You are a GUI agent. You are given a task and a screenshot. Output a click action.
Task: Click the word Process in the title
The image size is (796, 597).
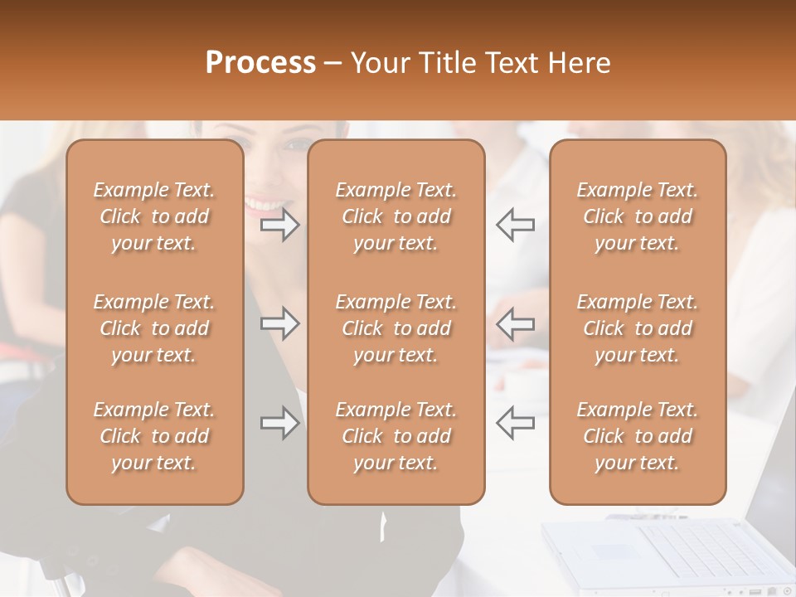(260, 63)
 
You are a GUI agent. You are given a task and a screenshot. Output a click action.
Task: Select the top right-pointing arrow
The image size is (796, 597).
(280, 225)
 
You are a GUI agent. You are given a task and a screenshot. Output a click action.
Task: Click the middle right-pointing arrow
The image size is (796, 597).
(280, 323)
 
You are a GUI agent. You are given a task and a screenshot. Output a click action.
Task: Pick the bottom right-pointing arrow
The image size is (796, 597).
(280, 423)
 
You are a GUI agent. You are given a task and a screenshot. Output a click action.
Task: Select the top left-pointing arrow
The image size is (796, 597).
(516, 225)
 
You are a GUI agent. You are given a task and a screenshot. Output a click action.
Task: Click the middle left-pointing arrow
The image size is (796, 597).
(516, 323)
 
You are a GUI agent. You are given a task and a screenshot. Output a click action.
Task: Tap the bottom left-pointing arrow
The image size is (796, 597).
(516, 423)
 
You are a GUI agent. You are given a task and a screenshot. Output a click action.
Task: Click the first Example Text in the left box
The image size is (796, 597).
(154, 190)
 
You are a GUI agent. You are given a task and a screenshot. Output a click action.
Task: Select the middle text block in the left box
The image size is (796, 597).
(154, 328)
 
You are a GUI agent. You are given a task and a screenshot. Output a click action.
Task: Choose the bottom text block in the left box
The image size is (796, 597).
(154, 436)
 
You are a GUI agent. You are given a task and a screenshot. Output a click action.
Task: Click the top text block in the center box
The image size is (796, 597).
(396, 216)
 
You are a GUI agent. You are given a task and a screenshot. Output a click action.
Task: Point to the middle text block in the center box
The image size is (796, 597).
(396, 328)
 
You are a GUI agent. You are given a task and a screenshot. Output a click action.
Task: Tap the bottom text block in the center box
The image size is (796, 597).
(396, 436)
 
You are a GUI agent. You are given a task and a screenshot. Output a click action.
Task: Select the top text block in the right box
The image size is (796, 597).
(637, 216)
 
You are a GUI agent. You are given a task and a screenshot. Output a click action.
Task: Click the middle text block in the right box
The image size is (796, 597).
(637, 328)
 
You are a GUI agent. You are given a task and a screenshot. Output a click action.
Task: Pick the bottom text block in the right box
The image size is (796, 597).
(637, 436)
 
